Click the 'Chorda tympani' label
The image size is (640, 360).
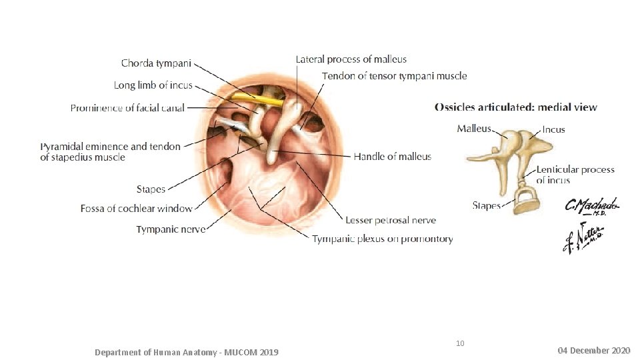(156, 63)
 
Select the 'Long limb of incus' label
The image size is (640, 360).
(153, 85)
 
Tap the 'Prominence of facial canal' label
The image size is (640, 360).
(127, 107)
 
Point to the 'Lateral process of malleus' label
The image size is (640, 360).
(351, 59)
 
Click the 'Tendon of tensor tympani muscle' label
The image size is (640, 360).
(395, 76)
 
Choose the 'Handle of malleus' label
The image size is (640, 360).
(392, 157)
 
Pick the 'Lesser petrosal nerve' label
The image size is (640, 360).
(391, 220)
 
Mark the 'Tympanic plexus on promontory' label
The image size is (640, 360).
(383, 239)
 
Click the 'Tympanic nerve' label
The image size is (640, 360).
(171, 229)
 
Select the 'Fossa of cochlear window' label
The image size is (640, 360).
(136, 209)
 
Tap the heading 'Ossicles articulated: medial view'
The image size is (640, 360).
(516, 107)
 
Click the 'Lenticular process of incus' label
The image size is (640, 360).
(575, 175)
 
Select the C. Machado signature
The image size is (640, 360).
(592, 207)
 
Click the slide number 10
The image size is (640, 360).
(460, 343)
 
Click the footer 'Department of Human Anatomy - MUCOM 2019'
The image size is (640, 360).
(187, 351)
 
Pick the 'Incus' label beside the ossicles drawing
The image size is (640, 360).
(553, 129)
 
